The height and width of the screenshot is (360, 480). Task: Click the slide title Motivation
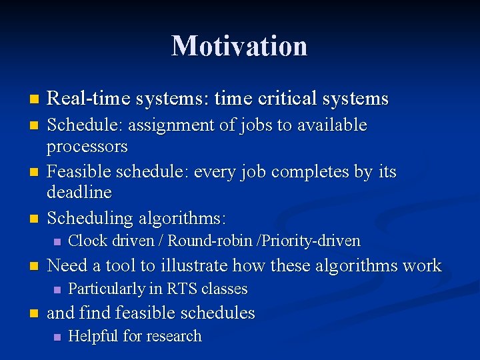(239, 46)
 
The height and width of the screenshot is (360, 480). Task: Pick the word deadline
(79, 193)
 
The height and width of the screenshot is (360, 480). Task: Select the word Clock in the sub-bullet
(89, 241)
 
